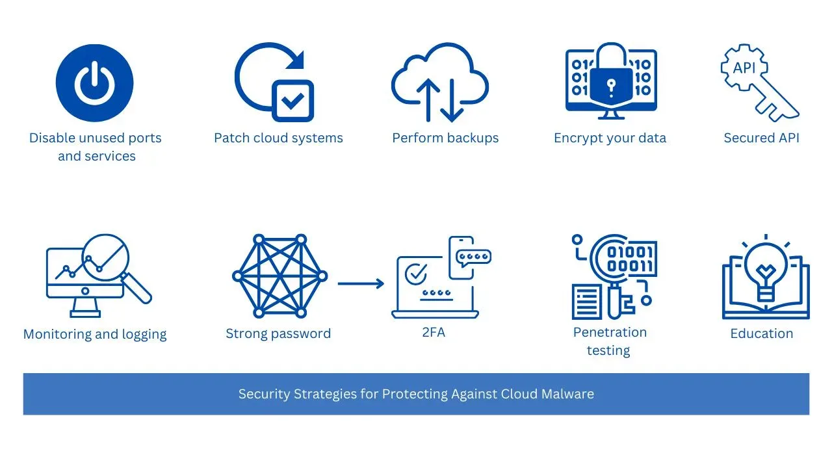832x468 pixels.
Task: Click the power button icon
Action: pyautogui.click(x=95, y=84)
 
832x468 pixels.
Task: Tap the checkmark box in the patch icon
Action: pyautogui.click(x=292, y=101)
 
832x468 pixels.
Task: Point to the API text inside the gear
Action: pyautogui.click(x=744, y=68)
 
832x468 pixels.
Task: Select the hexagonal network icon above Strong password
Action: pyautogui.click(x=279, y=276)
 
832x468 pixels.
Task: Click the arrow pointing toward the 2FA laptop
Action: pyautogui.click(x=361, y=283)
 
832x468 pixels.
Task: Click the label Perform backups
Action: pyautogui.click(x=445, y=138)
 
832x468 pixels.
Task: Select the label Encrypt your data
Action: pyautogui.click(x=610, y=138)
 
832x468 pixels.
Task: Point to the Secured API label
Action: pyautogui.click(x=761, y=138)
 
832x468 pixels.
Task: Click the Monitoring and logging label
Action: pyautogui.click(x=95, y=334)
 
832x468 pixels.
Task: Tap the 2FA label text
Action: pyautogui.click(x=434, y=332)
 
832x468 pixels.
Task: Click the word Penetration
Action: pyautogui.click(x=610, y=332)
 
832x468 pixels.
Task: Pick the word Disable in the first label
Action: pyautogui.click(x=51, y=138)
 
